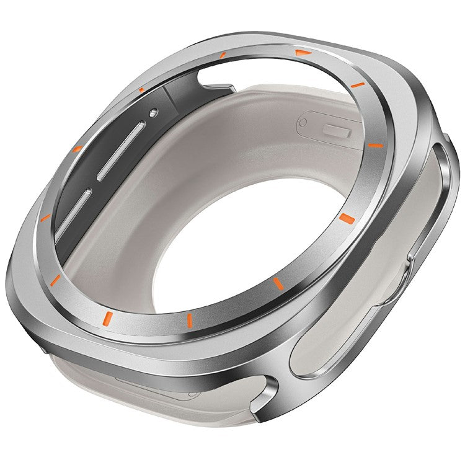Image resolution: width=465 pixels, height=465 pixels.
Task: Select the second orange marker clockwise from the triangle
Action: pyautogui.click(x=376, y=144)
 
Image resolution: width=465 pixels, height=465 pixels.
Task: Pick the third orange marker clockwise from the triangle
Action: pyautogui.click(x=345, y=218)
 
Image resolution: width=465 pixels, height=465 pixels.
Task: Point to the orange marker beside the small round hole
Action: pyautogui.click(x=142, y=91)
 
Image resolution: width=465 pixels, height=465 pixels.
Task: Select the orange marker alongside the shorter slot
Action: pyautogui.click(x=45, y=217)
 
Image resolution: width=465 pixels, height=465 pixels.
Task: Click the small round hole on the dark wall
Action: pyautogui.click(x=153, y=113)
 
